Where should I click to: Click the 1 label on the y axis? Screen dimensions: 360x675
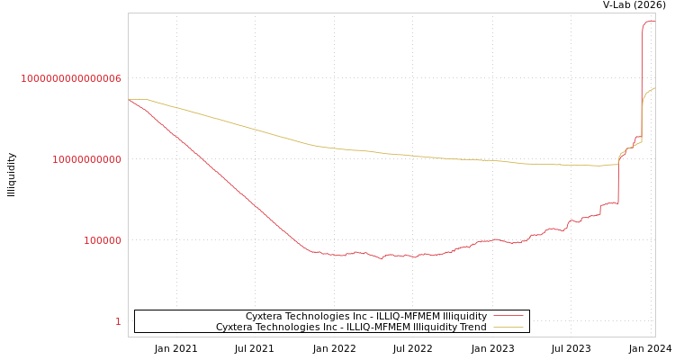pos(118,322)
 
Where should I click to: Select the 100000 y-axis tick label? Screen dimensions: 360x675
pos(103,241)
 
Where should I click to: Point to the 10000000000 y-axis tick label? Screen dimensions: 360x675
pos(86,160)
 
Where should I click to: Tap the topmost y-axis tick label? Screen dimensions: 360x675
pos(71,79)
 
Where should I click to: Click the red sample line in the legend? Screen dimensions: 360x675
pos(508,317)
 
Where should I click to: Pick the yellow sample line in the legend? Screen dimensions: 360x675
pos(508,328)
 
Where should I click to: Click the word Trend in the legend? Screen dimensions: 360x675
pos(473,328)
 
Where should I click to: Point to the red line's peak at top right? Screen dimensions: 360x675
pos(651,21)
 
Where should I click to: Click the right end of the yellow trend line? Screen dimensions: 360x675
pos(654,88)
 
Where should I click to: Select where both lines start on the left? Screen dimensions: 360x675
pos(130,99)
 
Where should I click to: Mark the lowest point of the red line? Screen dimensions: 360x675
pos(381,258)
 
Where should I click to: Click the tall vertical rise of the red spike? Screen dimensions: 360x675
pos(642,81)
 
